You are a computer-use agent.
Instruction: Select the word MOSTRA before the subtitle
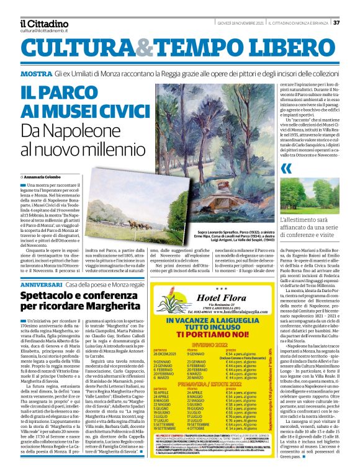[x=36, y=74]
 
